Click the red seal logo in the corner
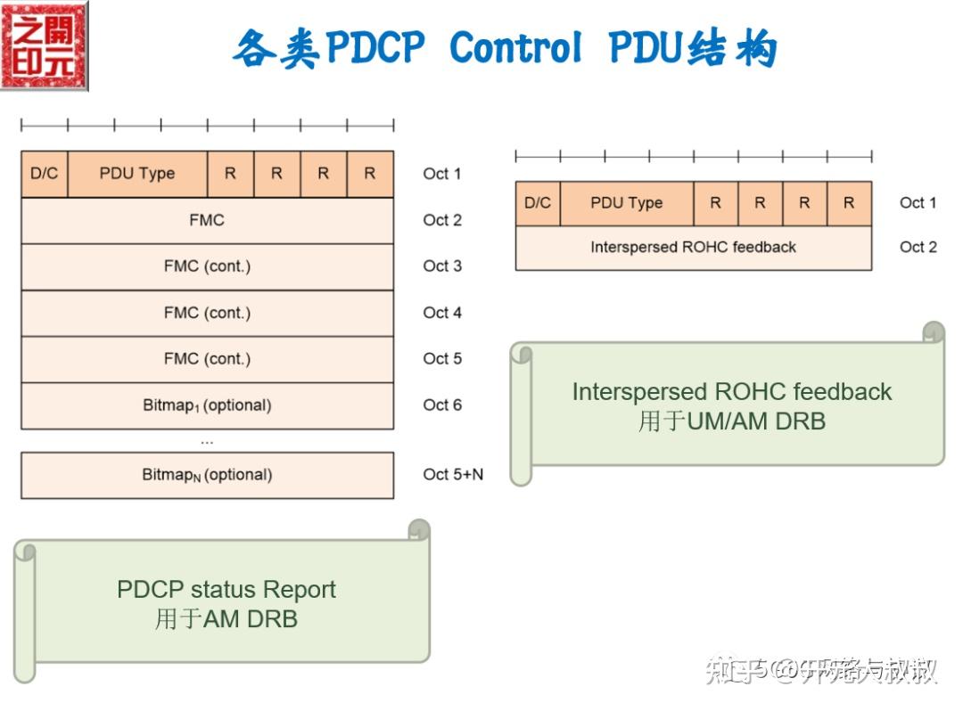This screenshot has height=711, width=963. tap(45, 45)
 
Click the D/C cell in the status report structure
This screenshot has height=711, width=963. tap(44, 174)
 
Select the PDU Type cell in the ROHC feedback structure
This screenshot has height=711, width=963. tap(626, 203)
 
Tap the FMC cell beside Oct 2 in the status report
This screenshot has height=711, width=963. tap(207, 220)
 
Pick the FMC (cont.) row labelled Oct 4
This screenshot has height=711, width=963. tap(207, 313)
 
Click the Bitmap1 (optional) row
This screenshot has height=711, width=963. tap(207, 405)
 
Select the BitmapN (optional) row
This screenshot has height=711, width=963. tap(207, 475)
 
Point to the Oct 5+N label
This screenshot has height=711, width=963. tap(453, 475)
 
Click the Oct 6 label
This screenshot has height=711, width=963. tap(442, 405)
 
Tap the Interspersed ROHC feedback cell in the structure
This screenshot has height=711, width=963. tap(693, 248)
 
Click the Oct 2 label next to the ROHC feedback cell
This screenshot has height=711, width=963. tap(918, 248)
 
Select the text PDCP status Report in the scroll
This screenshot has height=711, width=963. tap(226, 590)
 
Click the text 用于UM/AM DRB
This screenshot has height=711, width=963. tap(731, 421)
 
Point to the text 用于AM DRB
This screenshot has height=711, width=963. tap(226, 618)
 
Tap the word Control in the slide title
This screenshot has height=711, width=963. tap(516, 47)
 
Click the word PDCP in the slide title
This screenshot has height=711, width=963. tap(374, 47)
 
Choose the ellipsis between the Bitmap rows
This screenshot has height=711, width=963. tap(207, 440)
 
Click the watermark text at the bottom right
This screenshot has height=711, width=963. tap(820, 669)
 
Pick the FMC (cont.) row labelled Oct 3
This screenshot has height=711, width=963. tap(207, 266)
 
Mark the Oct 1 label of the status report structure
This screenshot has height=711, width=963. tap(442, 174)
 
